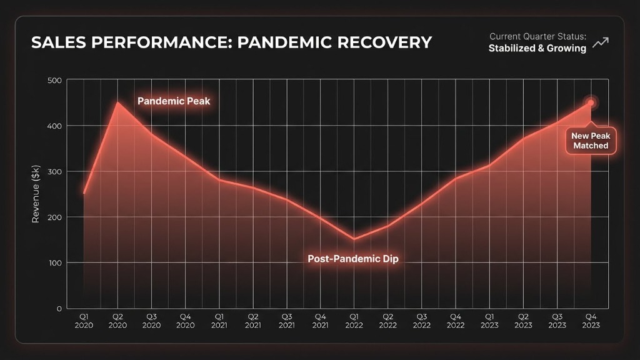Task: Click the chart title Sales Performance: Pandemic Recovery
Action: click(x=231, y=42)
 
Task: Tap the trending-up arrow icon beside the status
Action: click(x=601, y=42)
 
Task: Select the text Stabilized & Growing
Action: click(x=537, y=48)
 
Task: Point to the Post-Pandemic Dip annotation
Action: click(x=352, y=258)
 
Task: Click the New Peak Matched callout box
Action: click(x=590, y=141)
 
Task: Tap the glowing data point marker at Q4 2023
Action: click(x=591, y=102)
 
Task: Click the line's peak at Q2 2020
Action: click(x=118, y=102)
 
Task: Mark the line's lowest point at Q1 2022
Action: click(x=354, y=239)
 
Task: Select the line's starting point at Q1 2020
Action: click(x=84, y=193)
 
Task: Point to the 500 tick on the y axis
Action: click(x=54, y=80)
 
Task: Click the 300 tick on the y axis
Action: click(x=54, y=171)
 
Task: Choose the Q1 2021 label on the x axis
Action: click(x=219, y=321)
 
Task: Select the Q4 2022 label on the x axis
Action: click(x=456, y=321)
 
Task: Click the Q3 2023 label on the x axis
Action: click(x=557, y=321)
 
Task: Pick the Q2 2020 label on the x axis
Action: click(x=118, y=321)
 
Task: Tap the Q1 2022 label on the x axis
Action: click(x=354, y=321)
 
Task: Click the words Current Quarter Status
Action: click(x=537, y=36)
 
